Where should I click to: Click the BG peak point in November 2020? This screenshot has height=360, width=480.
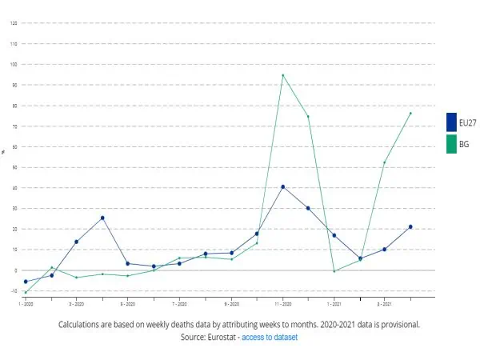click(282, 75)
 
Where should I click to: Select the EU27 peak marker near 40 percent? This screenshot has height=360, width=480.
click(282, 186)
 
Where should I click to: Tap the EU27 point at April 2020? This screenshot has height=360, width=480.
click(102, 218)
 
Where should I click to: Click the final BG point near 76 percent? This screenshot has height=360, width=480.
click(410, 113)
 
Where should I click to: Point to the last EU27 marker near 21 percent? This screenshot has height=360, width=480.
click(410, 226)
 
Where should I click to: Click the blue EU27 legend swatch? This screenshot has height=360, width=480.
click(450, 122)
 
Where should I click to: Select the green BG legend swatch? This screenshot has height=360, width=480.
click(450, 144)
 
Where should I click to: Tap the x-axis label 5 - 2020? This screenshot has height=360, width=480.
click(127, 304)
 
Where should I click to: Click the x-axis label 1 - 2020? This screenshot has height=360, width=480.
click(25, 304)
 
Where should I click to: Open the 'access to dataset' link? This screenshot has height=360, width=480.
click(270, 338)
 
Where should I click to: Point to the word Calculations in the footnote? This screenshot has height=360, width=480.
click(84, 325)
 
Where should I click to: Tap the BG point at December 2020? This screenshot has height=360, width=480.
click(308, 117)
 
